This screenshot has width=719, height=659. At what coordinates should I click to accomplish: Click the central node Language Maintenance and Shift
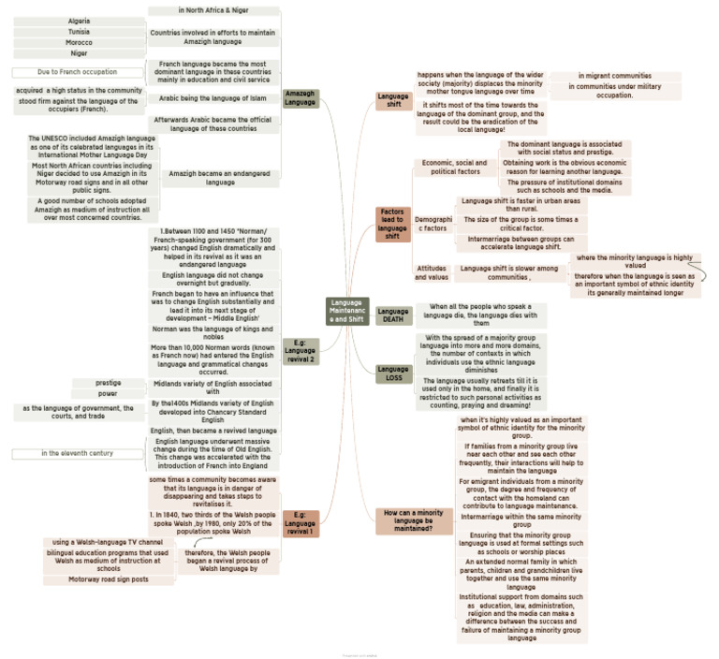tap(347, 311)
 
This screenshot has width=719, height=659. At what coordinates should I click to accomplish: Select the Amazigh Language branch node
tap(301, 98)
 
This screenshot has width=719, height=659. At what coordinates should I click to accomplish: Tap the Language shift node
tap(392, 99)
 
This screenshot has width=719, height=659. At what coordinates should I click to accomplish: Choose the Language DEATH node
tap(392, 315)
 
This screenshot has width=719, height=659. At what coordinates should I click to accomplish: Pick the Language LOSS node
tap(392, 373)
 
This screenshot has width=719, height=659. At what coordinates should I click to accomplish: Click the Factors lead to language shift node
tap(392, 225)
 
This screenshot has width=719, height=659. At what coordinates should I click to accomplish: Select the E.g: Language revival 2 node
tap(301, 350)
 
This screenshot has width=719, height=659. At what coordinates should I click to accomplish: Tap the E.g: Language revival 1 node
tap(301, 523)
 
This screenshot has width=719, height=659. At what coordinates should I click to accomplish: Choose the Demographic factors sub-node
tap(431, 223)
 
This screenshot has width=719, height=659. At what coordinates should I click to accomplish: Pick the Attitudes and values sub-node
tap(431, 272)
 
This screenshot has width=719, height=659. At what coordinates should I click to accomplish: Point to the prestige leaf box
tap(108, 382)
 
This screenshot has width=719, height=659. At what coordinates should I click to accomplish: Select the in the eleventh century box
tap(77, 454)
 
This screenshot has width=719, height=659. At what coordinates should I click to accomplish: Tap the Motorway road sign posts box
tap(109, 579)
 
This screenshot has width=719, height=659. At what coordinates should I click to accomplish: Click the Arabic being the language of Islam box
tap(213, 98)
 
